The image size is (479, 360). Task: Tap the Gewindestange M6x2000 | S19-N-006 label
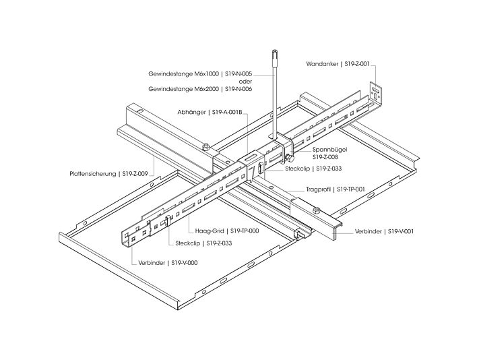201,88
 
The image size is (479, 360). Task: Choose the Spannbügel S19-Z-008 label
329,152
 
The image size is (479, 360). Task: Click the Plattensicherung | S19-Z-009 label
108,173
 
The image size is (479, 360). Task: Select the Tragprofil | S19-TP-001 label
335,189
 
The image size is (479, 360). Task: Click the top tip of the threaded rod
274,51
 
